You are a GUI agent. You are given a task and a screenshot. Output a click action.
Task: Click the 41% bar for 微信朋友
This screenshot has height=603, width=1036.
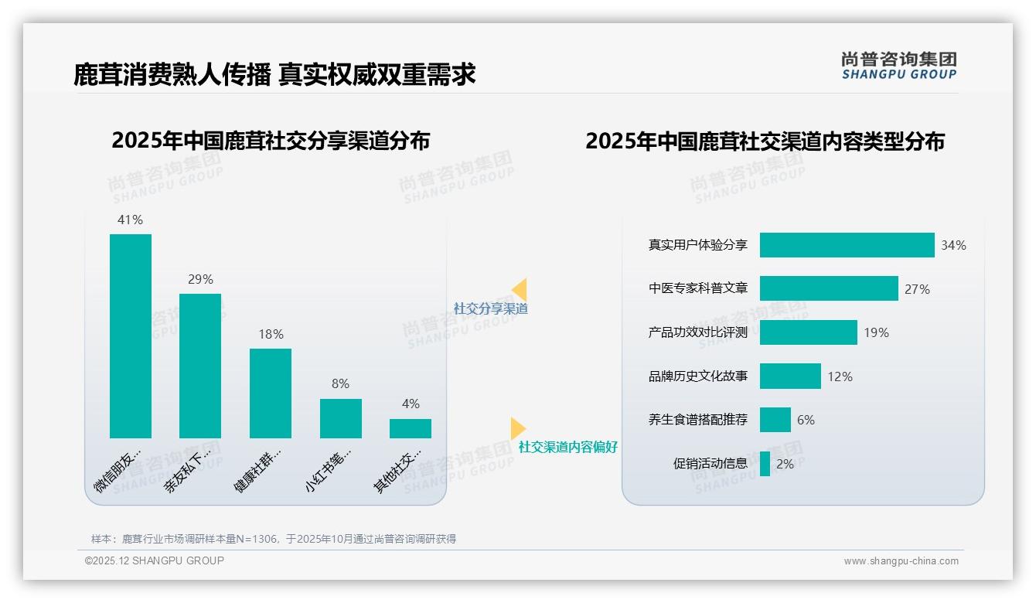131,336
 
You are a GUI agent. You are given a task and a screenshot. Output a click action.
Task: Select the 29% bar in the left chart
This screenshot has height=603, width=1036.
200,366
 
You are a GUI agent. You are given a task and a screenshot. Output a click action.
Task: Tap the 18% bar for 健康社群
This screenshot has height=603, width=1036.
271,393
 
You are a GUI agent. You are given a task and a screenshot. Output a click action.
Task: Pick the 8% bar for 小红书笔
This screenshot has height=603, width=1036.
341,418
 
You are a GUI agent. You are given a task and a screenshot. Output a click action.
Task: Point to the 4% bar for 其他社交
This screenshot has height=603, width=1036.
411,428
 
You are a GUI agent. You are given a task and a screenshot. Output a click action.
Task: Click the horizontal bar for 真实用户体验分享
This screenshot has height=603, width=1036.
847,245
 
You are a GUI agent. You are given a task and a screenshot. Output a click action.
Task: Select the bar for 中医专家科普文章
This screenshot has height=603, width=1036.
829,288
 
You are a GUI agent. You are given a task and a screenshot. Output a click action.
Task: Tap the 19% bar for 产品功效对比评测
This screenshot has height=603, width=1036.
808,332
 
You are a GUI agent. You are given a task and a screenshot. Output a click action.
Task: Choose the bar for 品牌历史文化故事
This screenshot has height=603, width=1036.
790,376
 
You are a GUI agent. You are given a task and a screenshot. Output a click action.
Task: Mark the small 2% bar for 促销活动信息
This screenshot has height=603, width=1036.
765,464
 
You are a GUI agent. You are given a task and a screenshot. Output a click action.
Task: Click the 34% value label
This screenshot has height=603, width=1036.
953,246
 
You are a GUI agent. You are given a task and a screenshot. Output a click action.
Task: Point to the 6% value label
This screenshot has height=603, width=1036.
806,420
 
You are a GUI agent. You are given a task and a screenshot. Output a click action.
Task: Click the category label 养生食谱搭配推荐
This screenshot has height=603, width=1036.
697,420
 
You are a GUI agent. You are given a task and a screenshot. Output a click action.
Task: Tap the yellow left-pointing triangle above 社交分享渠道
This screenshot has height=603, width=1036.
519,290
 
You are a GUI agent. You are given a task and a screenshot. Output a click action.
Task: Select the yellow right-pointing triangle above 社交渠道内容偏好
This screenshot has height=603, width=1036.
517,428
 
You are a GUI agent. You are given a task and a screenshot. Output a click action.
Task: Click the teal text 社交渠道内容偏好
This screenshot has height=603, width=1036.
567,447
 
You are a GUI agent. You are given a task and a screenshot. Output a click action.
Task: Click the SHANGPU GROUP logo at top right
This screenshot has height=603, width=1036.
898,66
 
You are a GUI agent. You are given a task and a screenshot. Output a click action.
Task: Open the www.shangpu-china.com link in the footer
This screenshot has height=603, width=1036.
901,561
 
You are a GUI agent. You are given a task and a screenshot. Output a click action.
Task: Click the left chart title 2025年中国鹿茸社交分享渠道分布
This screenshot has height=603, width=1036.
271,141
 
